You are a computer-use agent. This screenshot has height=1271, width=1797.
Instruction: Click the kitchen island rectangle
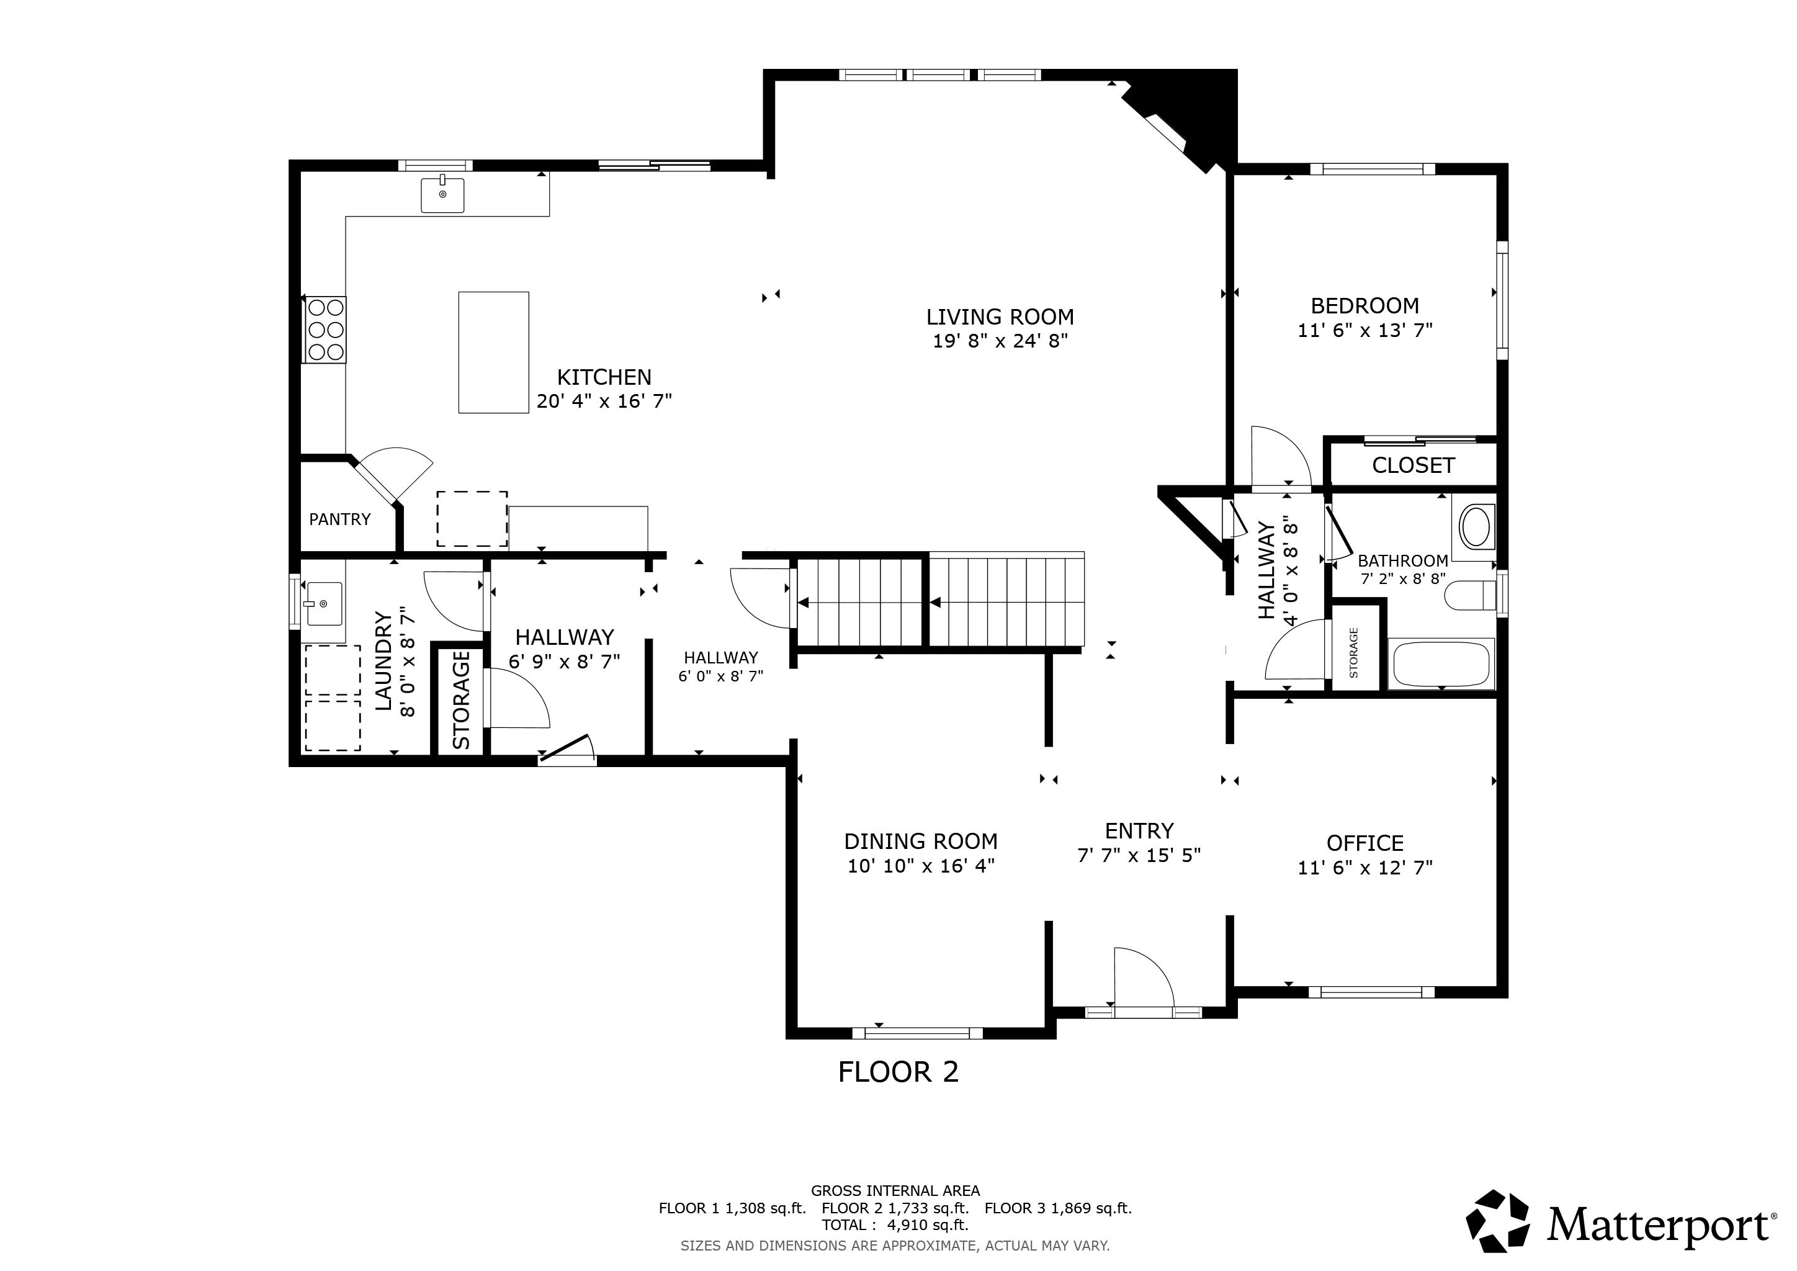493,352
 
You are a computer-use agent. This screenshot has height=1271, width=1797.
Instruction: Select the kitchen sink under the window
442,194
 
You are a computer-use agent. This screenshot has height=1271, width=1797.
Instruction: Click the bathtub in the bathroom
1441,663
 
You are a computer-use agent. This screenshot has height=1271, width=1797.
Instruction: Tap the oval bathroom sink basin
1477,527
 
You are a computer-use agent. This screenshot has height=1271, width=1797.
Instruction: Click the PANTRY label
339,519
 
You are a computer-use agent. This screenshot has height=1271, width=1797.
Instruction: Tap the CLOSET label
1413,465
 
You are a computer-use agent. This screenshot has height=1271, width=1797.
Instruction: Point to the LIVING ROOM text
1000,317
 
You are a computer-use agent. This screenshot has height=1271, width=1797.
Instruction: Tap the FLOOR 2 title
898,1071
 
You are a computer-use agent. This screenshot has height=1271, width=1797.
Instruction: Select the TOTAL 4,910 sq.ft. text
895,1225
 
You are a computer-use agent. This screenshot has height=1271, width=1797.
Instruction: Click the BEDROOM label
1365,305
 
